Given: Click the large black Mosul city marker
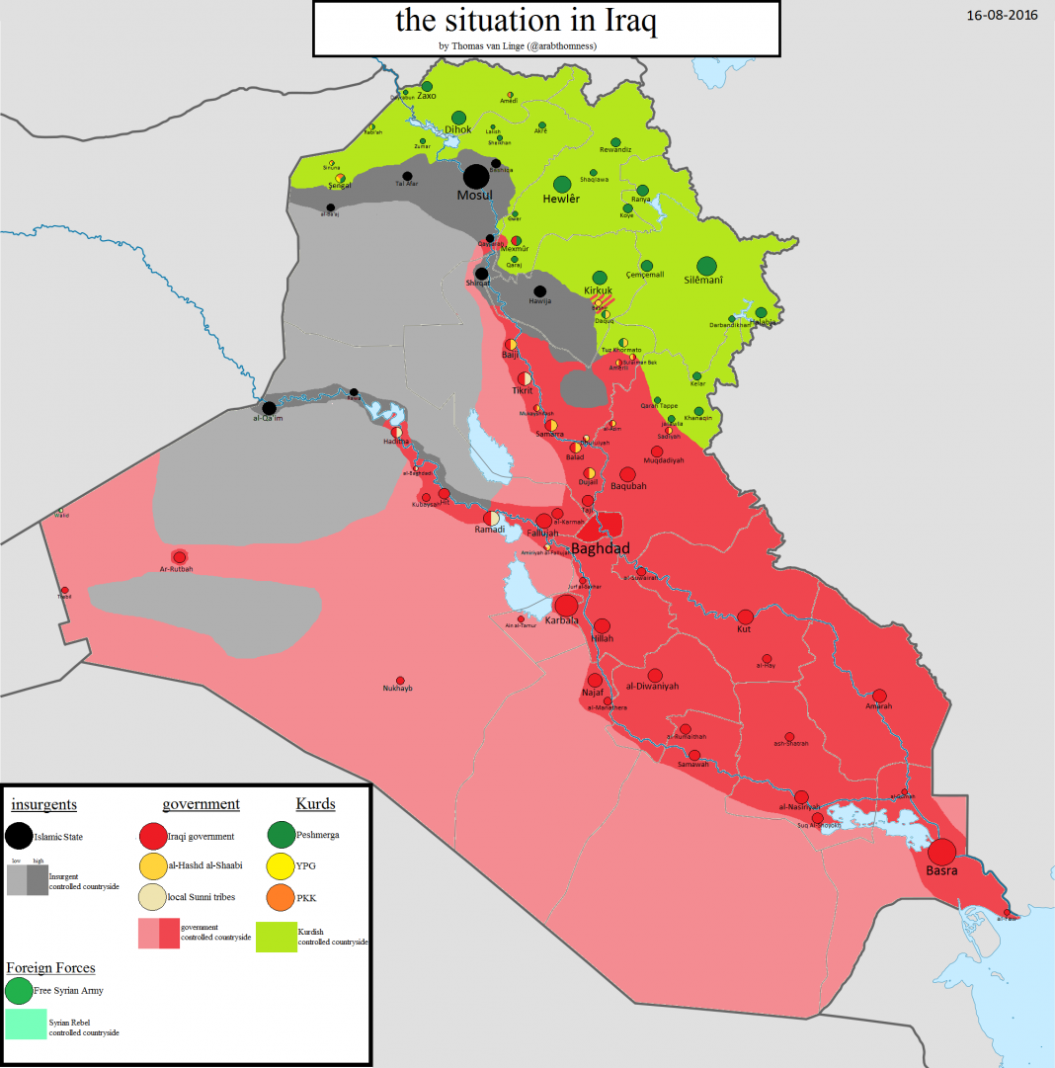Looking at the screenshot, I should tap(476, 177).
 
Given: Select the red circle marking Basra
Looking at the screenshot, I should tap(942, 852).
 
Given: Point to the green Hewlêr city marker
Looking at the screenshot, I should tap(562, 184).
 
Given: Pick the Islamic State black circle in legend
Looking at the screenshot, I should tap(18, 836).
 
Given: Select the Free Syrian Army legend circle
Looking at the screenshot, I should tap(19, 990).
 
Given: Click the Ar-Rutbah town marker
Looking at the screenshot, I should tap(179, 558).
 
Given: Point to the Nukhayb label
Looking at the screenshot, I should tap(398, 688).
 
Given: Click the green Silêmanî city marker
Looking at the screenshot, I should tap(706, 266).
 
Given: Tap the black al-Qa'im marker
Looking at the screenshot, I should tap(269, 408).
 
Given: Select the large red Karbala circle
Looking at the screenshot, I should tap(567, 605).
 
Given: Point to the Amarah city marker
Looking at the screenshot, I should tap(879, 696).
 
